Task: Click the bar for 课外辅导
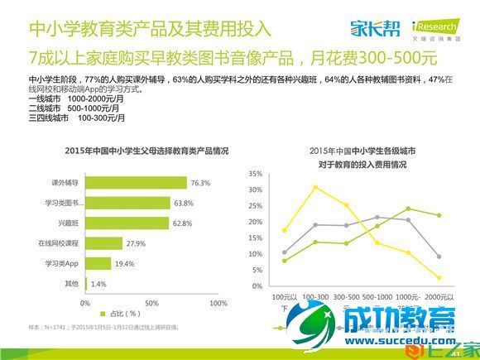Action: [x=137, y=182]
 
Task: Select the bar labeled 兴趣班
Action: [x=127, y=223]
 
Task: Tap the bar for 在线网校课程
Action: [x=104, y=243]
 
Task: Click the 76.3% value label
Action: [x=200, y=182]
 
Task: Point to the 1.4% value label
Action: [x=98, y=284]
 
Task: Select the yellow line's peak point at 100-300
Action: [x=315, y=187]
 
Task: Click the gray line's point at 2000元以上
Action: [x=439, y=257]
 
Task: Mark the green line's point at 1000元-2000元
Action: [x=408, y=209]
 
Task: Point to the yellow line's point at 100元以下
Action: [x=285, y=230]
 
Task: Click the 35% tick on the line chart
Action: [x=256, y=174]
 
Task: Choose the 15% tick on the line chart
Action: [x=256, y=241]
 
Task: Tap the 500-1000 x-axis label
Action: [x=377, y=295]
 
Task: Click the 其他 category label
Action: [x=71, y=284]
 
